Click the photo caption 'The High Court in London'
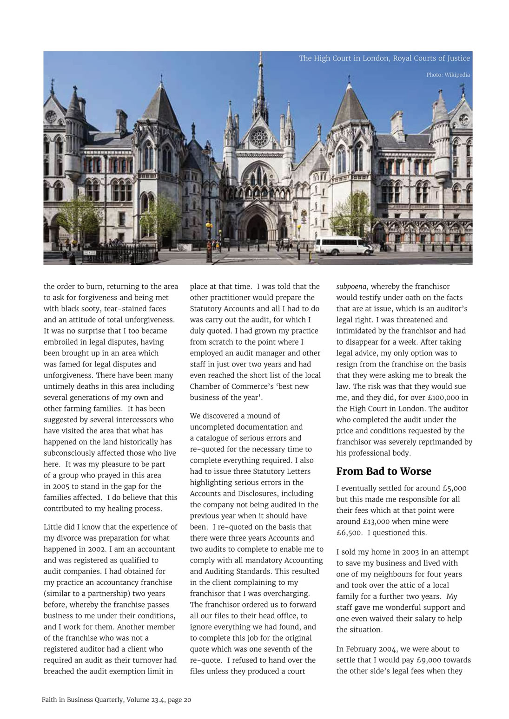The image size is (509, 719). [x=384, y=59]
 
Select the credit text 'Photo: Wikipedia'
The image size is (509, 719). [x=448, y=75]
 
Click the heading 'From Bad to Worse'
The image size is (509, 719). [x=383, y=471]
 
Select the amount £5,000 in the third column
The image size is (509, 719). [x=455, y=488]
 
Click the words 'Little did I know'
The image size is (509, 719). [x=71, y=527]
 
